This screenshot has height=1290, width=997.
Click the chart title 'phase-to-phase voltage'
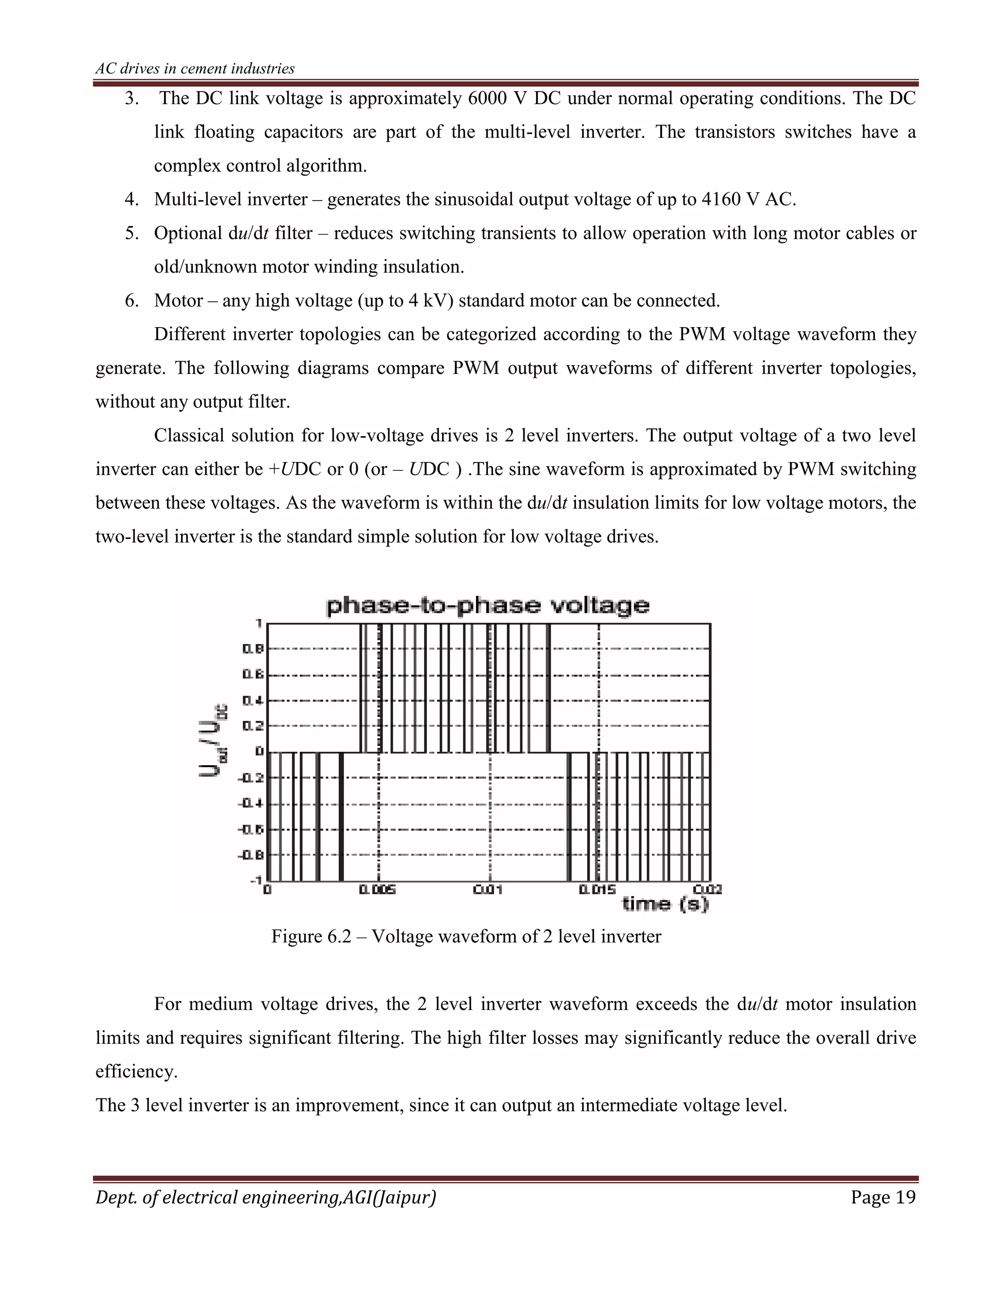tap(487, 606)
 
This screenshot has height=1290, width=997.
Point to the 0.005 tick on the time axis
tap(377, 889)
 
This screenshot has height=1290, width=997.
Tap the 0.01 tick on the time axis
tap(488, 889)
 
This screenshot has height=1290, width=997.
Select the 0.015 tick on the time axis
tap(597, 889)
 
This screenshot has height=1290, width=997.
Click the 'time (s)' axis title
tap(665, 904)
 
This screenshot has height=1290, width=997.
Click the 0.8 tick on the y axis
tap(253, 649)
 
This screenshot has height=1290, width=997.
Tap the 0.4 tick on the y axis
tap(253, 700)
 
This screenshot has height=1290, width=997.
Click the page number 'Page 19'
tap(883, 1198)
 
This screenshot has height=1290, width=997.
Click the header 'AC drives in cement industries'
tap(195, 69)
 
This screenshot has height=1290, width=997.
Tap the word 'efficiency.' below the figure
tap(136, 1071)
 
